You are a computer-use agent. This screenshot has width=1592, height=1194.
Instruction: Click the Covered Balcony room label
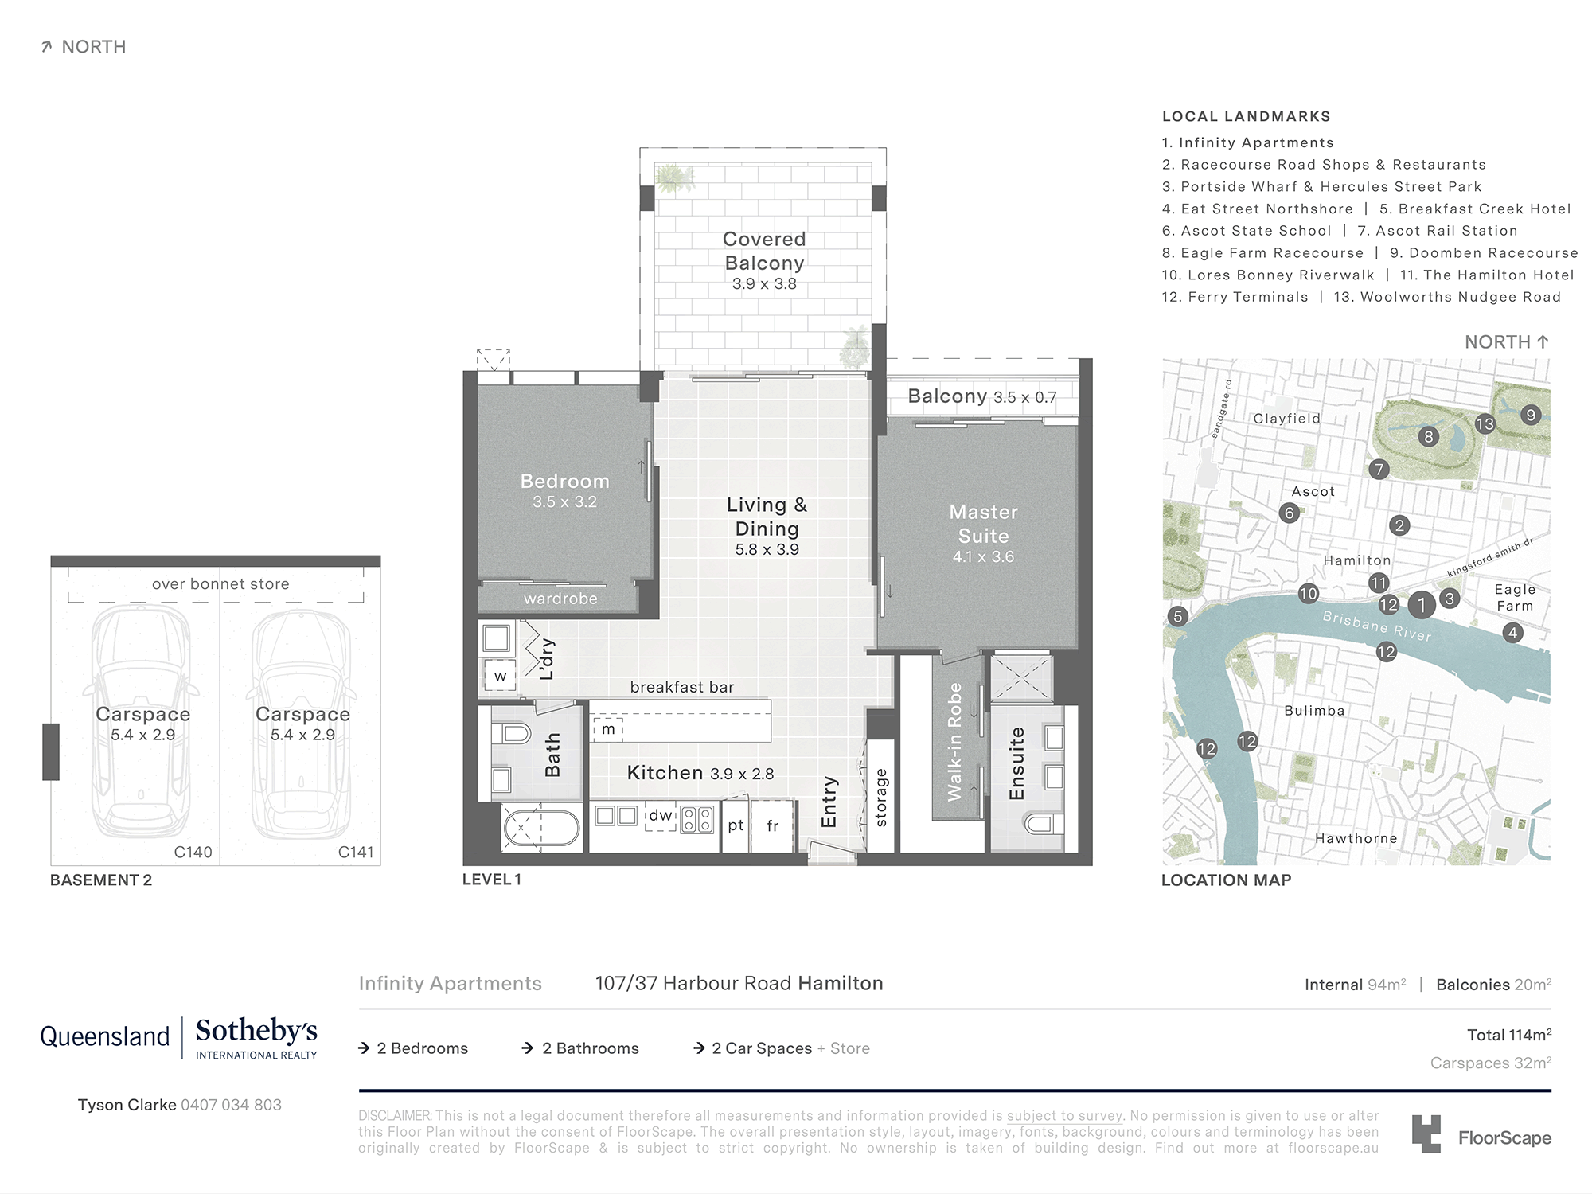[763, 252]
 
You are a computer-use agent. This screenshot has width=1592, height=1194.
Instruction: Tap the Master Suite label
[983, 525]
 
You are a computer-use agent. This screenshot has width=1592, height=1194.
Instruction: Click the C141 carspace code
[356, 852]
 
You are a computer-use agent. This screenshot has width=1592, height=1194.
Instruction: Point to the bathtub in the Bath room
[542, 828]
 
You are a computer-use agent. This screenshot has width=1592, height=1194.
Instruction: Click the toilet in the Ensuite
[1044, 823]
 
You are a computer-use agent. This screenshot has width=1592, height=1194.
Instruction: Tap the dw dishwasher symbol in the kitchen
[660, 816]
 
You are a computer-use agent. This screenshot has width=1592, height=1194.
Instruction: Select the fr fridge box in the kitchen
[772, 826]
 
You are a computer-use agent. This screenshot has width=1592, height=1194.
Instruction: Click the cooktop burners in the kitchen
[697, 819]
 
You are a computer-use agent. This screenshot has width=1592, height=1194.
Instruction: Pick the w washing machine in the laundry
[500, 677]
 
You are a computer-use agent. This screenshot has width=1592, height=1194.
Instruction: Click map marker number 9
[1530, 415]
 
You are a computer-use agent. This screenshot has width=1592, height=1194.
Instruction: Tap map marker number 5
[1178, 616]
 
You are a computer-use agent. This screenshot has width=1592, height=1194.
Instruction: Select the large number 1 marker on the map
[1421, 605]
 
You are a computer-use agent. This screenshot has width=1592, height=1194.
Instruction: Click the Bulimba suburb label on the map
[1314, 711]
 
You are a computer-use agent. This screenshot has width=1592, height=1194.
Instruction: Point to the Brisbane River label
[1376, 626]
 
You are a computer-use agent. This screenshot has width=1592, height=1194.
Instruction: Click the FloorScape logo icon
[1426, 1134]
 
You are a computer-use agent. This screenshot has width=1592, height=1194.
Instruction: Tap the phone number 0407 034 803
[231, 1105]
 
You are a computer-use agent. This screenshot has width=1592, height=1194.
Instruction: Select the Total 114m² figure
[1508, 1035]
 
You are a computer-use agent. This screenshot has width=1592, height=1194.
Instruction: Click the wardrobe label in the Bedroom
[560, 599]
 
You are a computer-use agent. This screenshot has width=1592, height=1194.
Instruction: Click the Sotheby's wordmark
[256, 1031]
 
